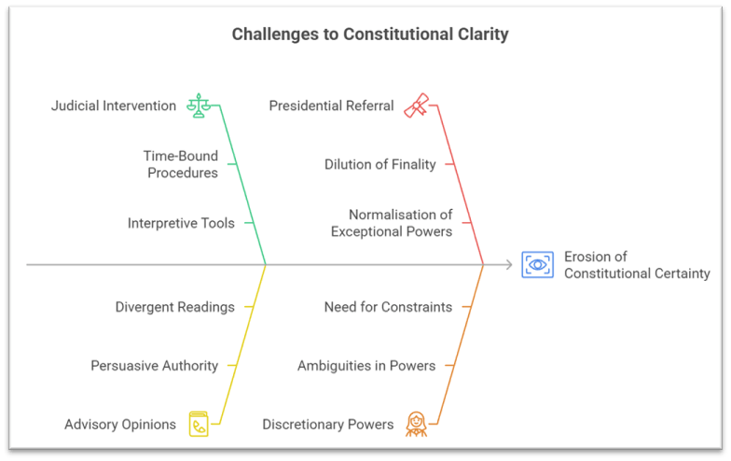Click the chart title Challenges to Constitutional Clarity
pos(370,35)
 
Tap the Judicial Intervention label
pos(114,105)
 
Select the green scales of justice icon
pos(198,105)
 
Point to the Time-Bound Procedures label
pos(180,164)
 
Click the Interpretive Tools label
pos(181,223)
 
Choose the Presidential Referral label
pos(331,105)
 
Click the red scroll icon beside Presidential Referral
pos(416,105)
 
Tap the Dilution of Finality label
pos(379,164)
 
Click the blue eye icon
pos(537,265)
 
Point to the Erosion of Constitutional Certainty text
pos(637,265)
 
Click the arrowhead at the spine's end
pos(509,265)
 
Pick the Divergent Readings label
pos(174,307)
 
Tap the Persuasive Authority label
pos(154,366)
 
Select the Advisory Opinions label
pos(120,425)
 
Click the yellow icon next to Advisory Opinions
pos(198,425)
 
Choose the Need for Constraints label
pos(388,307)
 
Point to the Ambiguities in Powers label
pos(366,366)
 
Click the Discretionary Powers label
pos(327,425)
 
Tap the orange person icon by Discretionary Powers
pos(416,425)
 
